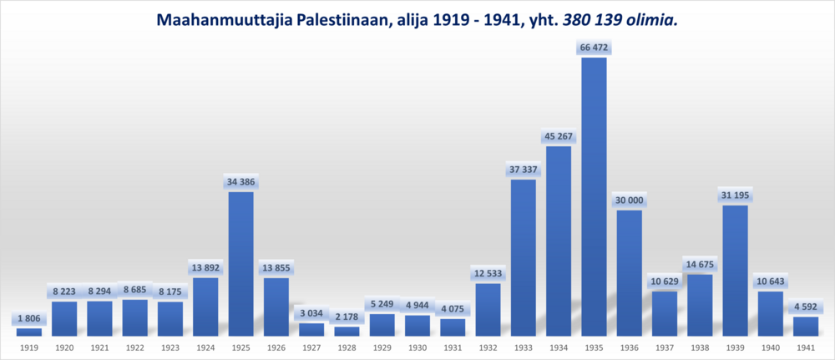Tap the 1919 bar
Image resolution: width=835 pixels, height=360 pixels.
click(x=29, y=332)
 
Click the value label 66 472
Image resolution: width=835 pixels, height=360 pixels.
click(x=594, y=48)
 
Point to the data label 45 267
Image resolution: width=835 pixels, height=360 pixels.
click(x=559, y=137)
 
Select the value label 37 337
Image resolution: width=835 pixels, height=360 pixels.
click(x=524, y=170)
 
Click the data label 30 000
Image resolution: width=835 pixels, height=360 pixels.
click(x=630, y=200)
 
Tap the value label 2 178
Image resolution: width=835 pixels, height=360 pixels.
click(x=347, y=317)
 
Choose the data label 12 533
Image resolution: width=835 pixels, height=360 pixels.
click(x=488, y=274)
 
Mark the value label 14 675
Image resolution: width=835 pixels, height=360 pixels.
click(x=700, y=265)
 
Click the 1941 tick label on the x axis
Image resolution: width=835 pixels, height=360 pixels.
click(x=806, y=347)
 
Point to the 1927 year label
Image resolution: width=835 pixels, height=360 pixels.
click(x=311, y=347)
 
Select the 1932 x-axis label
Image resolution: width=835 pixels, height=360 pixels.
click(x=488, y=347)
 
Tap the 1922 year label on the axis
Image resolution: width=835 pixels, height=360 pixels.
click(x=134, y=347)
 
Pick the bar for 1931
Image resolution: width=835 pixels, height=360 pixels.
click(x=453, y=327)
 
